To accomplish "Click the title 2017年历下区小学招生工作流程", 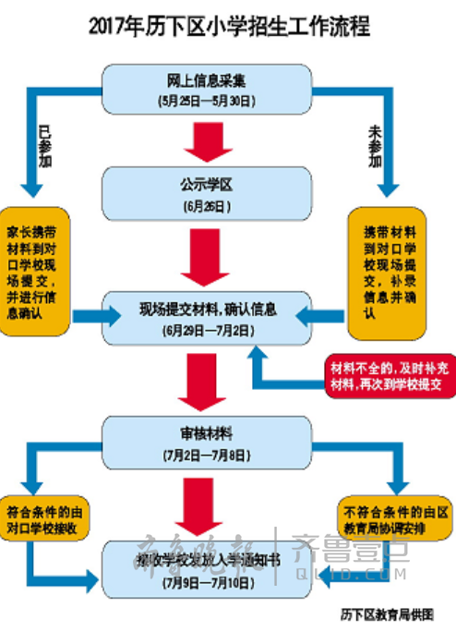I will [x=229, y=27].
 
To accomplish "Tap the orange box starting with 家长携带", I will [x=36, y=272].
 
